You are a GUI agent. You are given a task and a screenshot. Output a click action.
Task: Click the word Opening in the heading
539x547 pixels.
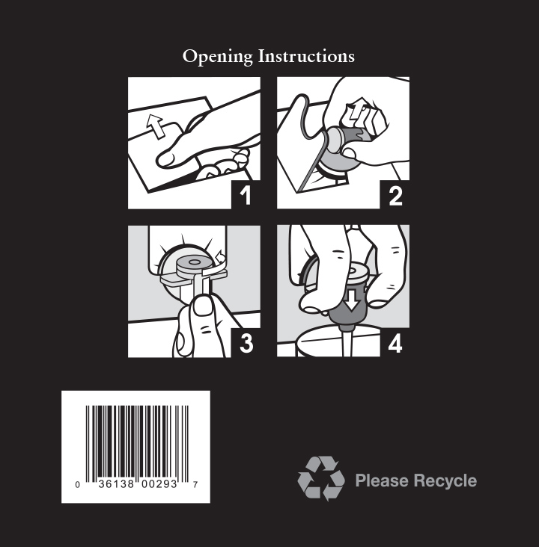coord(217,57)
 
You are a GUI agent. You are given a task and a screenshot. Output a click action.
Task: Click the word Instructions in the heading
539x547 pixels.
coord(306,56)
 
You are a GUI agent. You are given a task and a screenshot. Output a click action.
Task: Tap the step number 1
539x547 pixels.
coord(246,196)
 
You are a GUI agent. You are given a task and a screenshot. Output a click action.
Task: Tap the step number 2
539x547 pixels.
coord(395,196)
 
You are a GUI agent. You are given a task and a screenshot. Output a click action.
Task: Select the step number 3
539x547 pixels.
coord(246,344)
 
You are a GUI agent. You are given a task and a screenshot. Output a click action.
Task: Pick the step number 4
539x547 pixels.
coord(395,344)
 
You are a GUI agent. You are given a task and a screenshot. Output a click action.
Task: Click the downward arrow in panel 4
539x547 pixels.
coord(352,300)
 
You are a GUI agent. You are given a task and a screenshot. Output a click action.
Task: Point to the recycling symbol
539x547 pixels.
coord(321,478)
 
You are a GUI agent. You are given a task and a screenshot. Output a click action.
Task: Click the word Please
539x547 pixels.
coord(382,480)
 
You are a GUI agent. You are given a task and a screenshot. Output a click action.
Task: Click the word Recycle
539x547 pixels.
coord(445,481)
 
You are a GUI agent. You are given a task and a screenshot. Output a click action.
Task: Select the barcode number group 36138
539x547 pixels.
coord(116,484)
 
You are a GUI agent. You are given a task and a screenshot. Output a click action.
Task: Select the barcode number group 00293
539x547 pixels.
coord(159,484)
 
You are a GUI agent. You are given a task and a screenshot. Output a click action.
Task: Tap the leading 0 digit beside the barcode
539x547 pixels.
coord(78,484)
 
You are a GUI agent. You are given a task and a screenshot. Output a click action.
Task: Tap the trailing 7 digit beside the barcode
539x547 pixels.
coord(195,484)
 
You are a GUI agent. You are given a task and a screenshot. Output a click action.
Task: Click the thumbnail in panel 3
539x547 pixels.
coord(203,308)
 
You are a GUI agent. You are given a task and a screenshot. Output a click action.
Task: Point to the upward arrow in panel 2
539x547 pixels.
coord(359,109)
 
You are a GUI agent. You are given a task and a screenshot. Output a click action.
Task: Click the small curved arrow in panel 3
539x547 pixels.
coord(221,257)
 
